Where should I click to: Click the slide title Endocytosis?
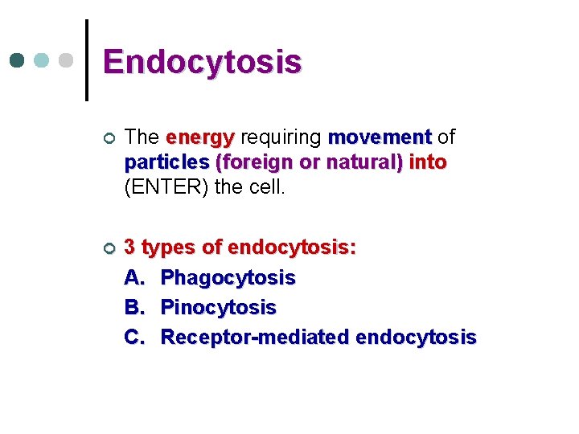(202, 62)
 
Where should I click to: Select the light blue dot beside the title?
(42, 61)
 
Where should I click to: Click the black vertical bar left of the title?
(87, 60)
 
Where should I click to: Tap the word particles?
(166, 162)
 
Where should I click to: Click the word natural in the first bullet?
(356, 162)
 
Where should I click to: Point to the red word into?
(428, 162)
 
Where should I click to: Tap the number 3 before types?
(129, 248)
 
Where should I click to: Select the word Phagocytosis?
(228, 278)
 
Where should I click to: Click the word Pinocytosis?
(219, 308)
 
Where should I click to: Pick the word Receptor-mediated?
(255, 338)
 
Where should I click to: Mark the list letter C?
(133, 338)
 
